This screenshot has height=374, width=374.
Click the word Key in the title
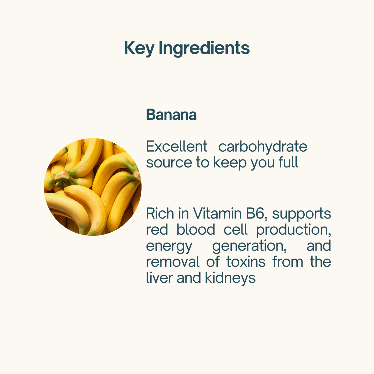click(139, 48)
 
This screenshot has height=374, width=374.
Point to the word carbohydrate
click(263, 147)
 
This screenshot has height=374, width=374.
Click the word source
click(169, 163)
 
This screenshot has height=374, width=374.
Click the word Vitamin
click(217, 213)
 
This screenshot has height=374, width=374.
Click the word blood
click(196, 229)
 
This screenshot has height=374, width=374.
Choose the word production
click(294, 230)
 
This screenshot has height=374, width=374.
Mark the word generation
click(250, 246)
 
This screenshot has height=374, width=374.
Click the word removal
click(173, 262)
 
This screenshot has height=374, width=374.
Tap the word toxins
click(246, 262)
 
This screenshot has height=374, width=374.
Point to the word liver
click(159, 278)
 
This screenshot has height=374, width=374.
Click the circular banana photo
click(93, 187)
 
